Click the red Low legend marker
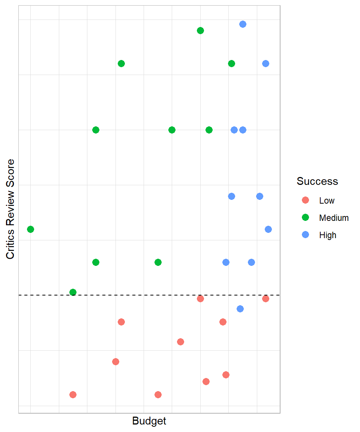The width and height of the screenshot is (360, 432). pos(305,200)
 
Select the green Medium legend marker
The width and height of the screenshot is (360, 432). pos(305,217)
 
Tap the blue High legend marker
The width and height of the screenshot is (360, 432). pos(305,235)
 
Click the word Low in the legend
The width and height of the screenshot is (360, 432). pos(327,201)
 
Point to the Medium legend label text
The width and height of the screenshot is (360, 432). pos(334,218)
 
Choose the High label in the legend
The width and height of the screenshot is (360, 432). pos(328,235)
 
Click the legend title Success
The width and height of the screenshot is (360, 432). pos(317,181)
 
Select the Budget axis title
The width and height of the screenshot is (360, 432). pos(149,421)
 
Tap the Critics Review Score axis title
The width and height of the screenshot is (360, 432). pos(10,209)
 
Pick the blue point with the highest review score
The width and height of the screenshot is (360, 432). pos(243,24)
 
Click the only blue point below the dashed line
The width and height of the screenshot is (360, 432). pos(240,309)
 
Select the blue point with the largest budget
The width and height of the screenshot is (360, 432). pos(268,229)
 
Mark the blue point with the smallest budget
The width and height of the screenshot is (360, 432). pos(226,262)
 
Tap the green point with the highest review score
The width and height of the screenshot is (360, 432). pos(200,30)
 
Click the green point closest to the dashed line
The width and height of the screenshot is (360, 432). pos(73,292)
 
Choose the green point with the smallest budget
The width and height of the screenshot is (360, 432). pos(31,229)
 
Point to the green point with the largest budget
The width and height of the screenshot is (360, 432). pos(231,63)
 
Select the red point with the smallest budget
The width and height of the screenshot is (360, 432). pos(73,394)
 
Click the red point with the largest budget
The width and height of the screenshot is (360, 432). pos(265,298)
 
